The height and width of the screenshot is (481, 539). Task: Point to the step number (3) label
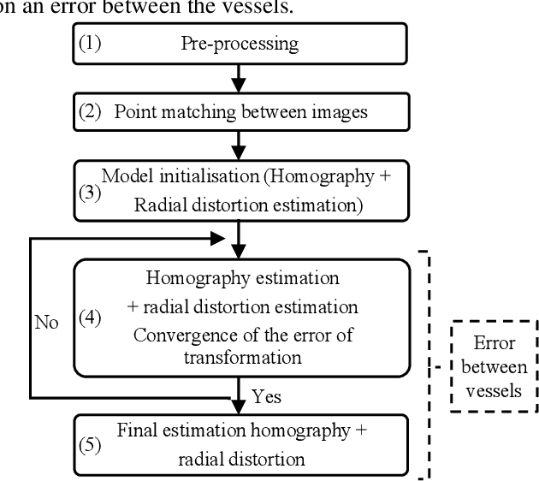(x=90, y=193)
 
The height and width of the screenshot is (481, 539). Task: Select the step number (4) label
(x=90, y=318)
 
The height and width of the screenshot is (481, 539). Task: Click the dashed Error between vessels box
(x=495, y=365)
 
